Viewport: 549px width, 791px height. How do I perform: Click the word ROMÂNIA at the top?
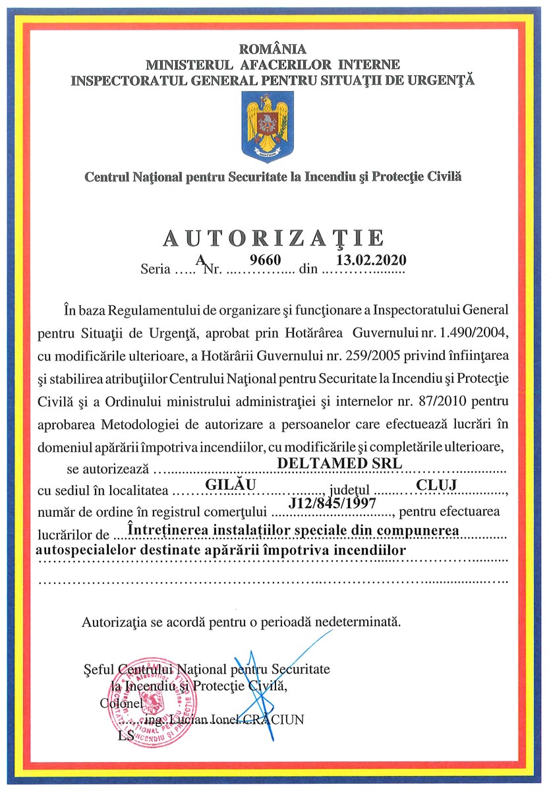(x=273, y=49)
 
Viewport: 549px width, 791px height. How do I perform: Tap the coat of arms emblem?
(x=268, y=127)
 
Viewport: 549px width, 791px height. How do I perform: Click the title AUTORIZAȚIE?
(x=274, y=238)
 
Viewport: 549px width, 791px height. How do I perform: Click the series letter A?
(x=200, y=260)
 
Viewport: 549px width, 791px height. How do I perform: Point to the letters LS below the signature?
(x=125, y=736)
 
